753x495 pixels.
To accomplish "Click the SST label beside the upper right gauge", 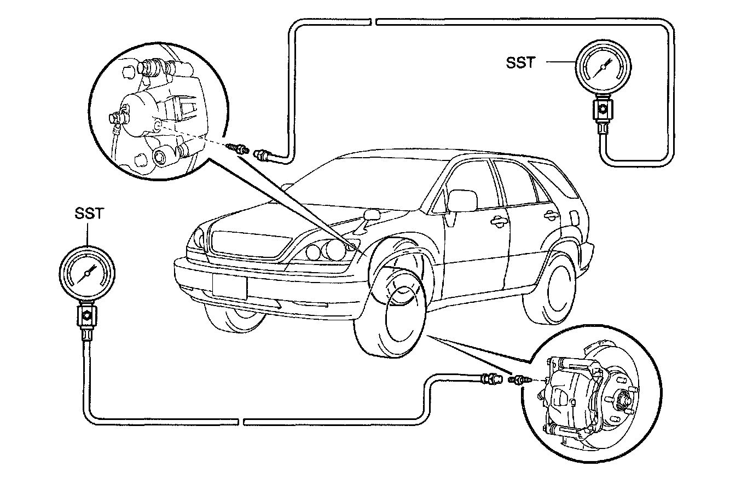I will pos(520,63).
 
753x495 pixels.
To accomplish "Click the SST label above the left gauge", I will pos(89,214).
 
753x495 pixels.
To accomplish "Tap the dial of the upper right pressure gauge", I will pos(602,67).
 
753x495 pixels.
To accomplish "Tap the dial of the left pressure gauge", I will pos(88,273).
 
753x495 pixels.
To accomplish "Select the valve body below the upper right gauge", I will pos(603,109).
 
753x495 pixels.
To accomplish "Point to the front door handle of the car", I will pos(498,222).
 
